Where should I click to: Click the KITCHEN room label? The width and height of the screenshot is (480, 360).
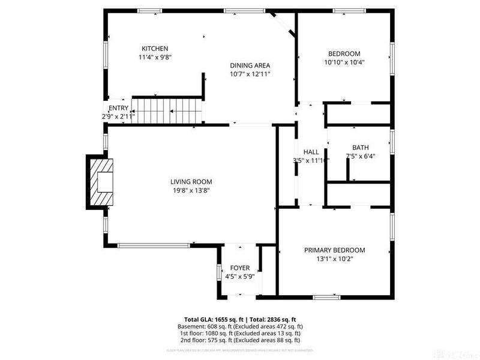click(154, 49)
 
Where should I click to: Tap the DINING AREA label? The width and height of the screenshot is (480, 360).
click(250, 65)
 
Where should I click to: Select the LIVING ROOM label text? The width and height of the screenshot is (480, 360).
click(191, 182)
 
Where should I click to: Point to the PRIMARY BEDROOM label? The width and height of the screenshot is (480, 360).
click(334, 250)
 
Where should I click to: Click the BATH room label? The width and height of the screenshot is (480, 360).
click(360, 148)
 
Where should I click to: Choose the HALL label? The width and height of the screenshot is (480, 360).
click(311, 152)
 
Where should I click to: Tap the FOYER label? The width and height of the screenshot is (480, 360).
click(240, 268)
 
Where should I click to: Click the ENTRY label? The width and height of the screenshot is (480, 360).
click(118, 108)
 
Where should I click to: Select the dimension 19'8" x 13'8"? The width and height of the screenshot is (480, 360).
click(191, 190)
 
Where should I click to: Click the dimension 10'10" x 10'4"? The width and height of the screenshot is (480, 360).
click(344, 62)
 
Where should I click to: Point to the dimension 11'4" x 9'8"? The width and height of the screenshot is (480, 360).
click(154, 57)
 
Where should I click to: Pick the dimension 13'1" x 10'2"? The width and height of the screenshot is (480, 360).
click(334, 259)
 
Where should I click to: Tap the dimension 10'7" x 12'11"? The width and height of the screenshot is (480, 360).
click(250, 74)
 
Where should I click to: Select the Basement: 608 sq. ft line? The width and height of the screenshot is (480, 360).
click(239, 326)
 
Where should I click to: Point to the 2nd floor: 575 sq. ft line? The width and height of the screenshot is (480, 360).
click(239, 340)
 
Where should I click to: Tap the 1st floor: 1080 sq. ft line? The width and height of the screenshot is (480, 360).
click(239, 333)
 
